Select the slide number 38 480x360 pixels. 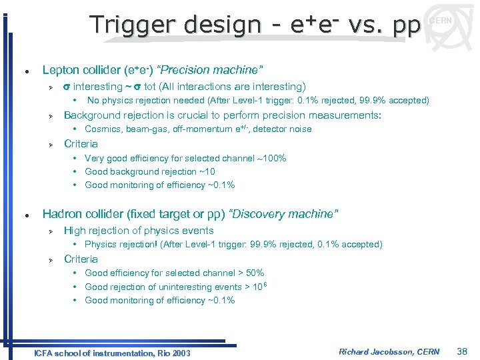click(x=463, y=351)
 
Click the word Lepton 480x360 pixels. click(x=59, y=70)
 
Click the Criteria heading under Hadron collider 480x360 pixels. click(x=81, y=259)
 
